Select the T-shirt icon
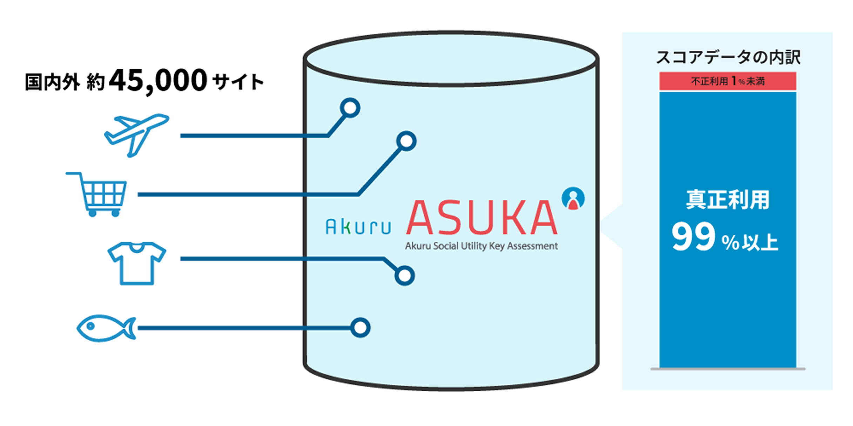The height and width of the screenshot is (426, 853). tap(137, 263)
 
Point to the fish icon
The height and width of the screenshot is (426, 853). tap(105, 328)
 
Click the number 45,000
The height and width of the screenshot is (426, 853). tap(158, 81)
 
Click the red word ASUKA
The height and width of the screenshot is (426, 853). tap(481, 218)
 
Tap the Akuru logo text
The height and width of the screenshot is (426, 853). tap(358, 227)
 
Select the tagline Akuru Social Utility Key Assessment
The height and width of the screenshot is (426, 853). tap(481, 246)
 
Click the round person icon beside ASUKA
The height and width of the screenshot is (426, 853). tap(573, 198)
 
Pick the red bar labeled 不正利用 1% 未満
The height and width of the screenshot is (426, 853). tap(727, 81)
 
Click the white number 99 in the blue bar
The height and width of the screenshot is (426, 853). tap(693, 238)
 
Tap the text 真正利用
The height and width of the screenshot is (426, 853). tap(727, 200)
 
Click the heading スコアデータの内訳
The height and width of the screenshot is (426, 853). tap(728, 57)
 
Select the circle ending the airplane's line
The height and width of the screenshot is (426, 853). tap(350, 108)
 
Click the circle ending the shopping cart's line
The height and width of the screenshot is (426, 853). tap(406, 141)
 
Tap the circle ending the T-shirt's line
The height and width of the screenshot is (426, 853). tap(404, 275)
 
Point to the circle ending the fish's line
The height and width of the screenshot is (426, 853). tap(360, 328)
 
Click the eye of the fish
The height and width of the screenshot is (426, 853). tap(90, 326)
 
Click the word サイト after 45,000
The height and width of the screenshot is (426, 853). tap(238, 82)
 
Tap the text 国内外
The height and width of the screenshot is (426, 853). tap(52, 82)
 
